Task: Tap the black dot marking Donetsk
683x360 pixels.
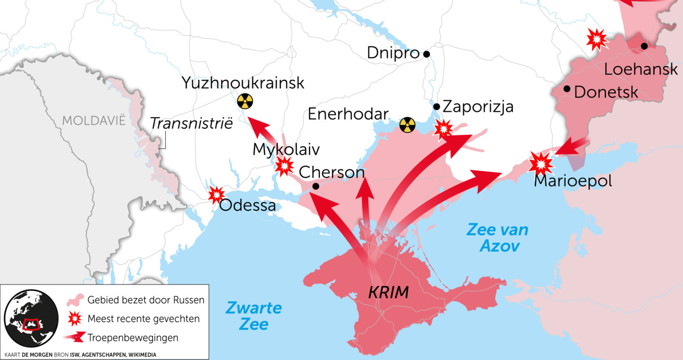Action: click(x=567, y=89)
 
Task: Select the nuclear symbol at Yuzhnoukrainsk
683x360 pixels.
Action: click(x=245, y=101)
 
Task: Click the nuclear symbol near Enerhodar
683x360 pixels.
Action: click(x=407, y=124)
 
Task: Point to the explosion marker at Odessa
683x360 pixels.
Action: click(x=216, y=194)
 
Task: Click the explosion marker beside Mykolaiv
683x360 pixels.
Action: click(x=284, y=166)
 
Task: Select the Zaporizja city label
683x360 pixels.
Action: click(x=478, y=106)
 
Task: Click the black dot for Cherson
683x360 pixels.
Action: click(x=316, y=186)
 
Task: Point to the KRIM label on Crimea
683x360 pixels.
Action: click(x=388, y=292)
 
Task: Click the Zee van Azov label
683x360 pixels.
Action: click(x=497, y=237)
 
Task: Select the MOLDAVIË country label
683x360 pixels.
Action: click(x=94, y=121)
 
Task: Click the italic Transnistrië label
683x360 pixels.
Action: click(x=191, y=123)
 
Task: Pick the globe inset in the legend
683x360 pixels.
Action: click(x=31, y=318)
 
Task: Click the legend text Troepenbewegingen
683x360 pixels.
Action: click(x=132, y=337)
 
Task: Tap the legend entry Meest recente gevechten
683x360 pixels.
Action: click(x=143, y=319)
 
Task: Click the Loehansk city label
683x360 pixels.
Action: click(x=641, y=70)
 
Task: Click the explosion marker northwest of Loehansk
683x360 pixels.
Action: click(x=597, y=39)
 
